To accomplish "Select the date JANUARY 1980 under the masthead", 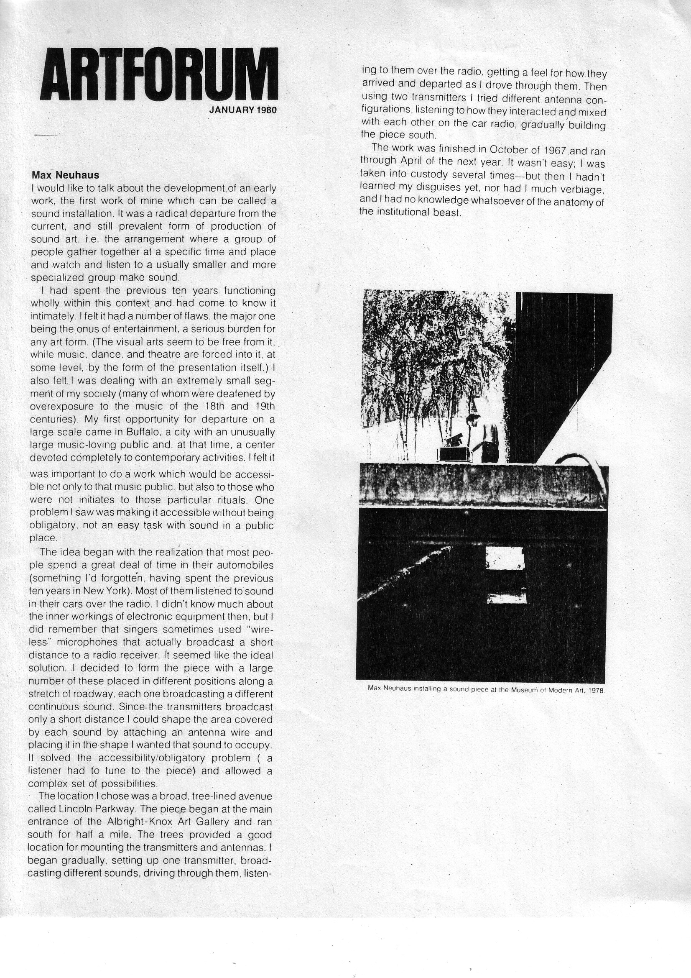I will tap(243, 110).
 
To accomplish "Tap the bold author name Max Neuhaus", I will tap(65, 175).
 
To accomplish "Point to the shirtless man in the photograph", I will tap(484, 438).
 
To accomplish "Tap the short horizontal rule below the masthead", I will tap(45, 135).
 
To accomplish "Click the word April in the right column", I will tap(413, 161).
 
